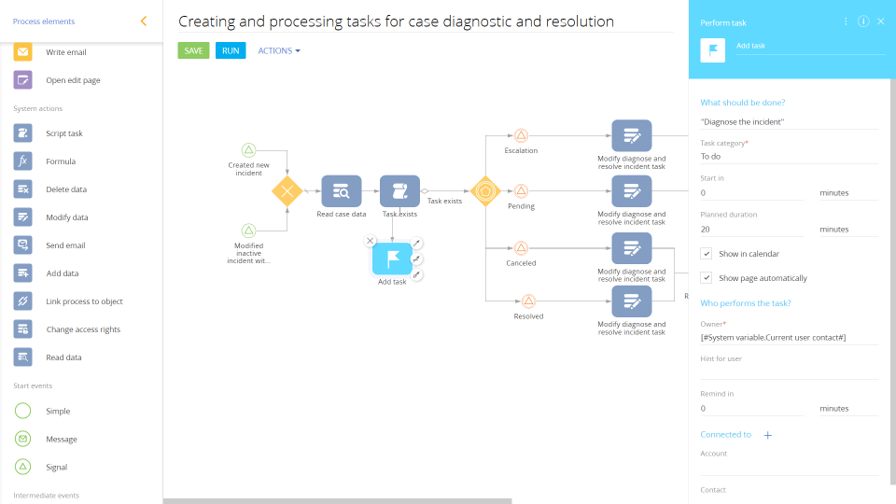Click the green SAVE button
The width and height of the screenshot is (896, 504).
(x=193, y=50)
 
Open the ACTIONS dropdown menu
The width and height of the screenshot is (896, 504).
(x=279, y=50)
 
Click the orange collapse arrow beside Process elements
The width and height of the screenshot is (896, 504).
(x=143, y=21)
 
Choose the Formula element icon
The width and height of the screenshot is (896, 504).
(x=23, y=161)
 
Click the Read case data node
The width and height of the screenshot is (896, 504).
(x=341, y=191)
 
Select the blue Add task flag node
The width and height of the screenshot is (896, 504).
(x=392, y=259)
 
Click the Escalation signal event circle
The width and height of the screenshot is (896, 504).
(x=521, y=135)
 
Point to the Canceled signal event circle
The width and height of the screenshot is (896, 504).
(x=521, y=248)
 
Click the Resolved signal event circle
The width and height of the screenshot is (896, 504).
(x=528, y=301)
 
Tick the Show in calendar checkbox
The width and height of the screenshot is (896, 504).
(x=707, y=254)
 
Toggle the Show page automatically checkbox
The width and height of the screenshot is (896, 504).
(x=707, y=278)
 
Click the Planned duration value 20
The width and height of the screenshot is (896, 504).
(x=751, y=229)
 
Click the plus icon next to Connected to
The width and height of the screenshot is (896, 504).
(x=768, y=435)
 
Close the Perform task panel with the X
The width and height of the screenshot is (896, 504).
(x=880, y=21)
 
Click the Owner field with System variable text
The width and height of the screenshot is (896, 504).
(x=789, y=337)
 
